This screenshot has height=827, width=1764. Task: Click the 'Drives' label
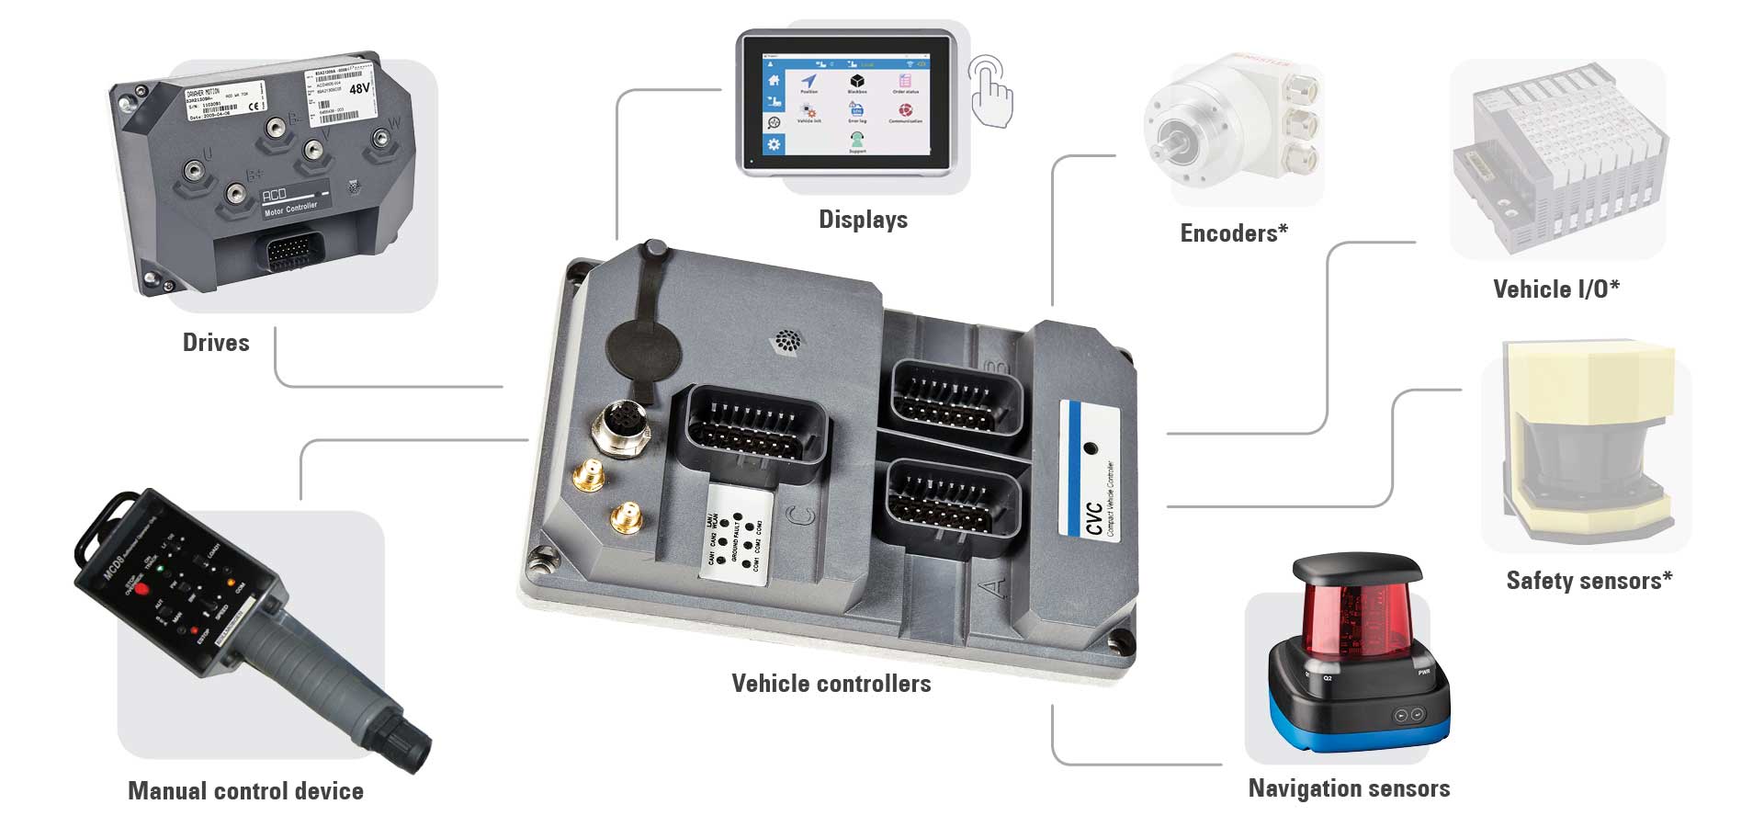[x=216, y=343]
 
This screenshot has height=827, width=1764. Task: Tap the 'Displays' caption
[x=863, y=220]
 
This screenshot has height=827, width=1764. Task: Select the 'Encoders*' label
[x=1234, y=233]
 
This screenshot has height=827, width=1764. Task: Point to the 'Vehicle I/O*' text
[x=1556, y=289]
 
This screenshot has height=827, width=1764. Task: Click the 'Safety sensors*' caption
[x=1589, y=581]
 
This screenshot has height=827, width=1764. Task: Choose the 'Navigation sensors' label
[x=1349, y=788]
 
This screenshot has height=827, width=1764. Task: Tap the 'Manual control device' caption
[x=245, y=791]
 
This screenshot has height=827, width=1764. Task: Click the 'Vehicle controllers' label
[x=831, y=684]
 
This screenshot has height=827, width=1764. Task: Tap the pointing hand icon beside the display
[x=991, y=92]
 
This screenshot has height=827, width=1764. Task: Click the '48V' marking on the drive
[x=359, y=89]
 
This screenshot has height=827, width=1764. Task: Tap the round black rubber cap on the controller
[x=642, y=350]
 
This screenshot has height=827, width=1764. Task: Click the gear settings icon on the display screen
[x=774, y=144]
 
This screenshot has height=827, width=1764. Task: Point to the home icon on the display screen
[x=774, y=81]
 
